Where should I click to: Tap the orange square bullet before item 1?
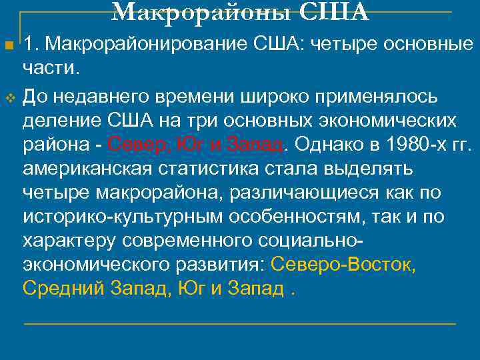(9, 45)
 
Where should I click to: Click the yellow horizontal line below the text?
(240, 324)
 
